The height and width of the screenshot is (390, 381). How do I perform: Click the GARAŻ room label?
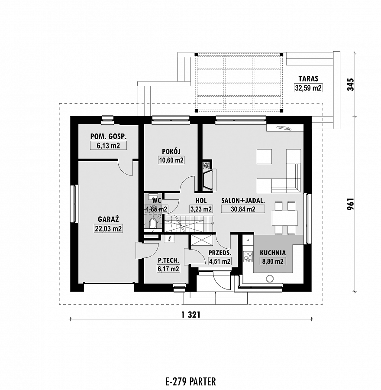[108, 219]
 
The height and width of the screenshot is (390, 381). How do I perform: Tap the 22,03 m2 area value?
[108, 228]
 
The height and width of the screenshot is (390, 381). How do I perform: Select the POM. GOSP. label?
[108, 136]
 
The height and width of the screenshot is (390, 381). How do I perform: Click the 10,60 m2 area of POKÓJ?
[171, 160]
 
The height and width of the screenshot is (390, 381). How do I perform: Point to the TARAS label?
[308, 78]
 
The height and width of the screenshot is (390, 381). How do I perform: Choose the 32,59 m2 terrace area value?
[308, 88]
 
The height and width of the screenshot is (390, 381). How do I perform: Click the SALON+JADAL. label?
[243, 201]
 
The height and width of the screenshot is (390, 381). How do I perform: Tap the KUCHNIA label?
[273, 253]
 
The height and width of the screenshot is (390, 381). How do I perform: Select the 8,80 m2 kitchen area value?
[273, 261]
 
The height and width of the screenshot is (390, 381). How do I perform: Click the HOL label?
[201, 201]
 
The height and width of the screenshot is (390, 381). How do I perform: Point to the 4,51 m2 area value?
[220, 261]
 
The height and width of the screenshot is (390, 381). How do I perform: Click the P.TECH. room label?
[168, 260]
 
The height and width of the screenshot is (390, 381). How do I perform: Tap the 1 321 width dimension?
[191, 315]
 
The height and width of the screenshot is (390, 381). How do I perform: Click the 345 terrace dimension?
[350, 84]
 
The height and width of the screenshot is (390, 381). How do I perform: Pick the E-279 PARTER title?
[190, 381]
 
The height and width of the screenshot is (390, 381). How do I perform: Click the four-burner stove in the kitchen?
[248, 257]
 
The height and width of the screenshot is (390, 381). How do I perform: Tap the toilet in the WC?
[152, 223]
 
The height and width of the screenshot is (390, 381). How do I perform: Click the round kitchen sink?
[270, 278]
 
